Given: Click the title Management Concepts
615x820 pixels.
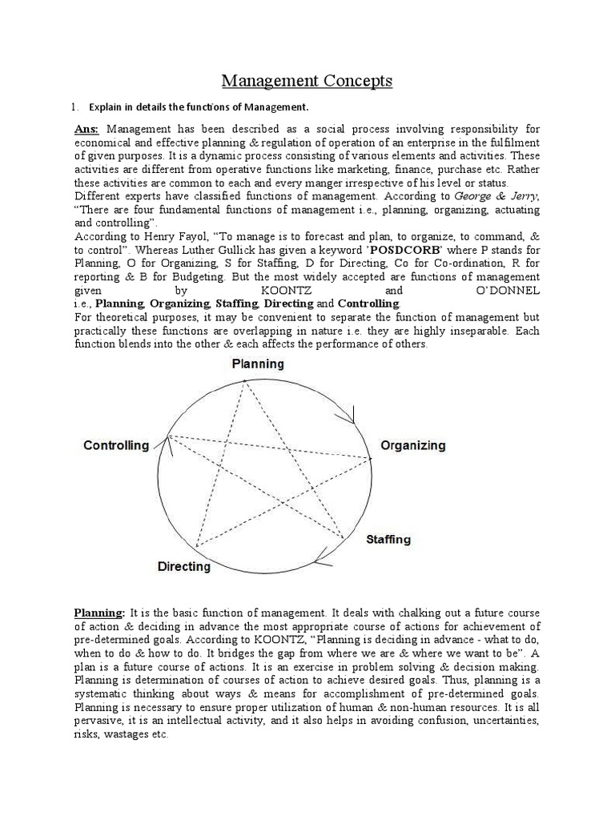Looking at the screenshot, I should click(x=307, y=80).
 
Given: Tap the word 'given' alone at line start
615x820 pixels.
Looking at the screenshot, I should click(x=89, y=289).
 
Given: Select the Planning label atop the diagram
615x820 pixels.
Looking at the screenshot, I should click(x=258, y=364).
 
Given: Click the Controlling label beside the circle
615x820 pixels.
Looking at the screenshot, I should click(x=116, y=445).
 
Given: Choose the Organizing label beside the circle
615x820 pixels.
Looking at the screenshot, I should click(x=412, y=445).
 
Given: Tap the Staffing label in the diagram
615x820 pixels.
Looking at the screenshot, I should click(x=388, y=539).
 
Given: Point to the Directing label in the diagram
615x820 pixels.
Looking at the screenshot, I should click(x=184, y=566).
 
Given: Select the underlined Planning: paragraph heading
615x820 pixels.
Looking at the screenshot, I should click(x=98, y=613).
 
